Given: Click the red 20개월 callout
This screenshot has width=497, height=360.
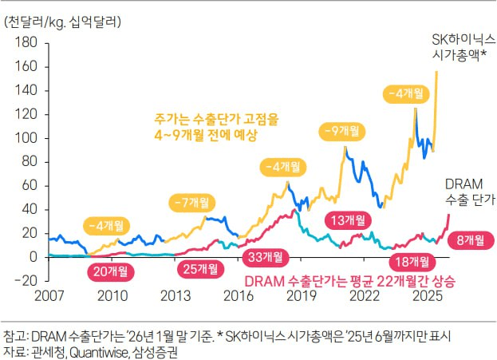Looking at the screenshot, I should coord(110,271).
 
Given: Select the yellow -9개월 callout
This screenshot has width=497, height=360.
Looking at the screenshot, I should coord(339,129).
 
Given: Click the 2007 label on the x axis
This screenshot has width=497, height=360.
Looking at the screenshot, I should coord(49,296).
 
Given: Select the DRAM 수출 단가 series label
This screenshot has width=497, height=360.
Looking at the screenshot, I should coord(469,192).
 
